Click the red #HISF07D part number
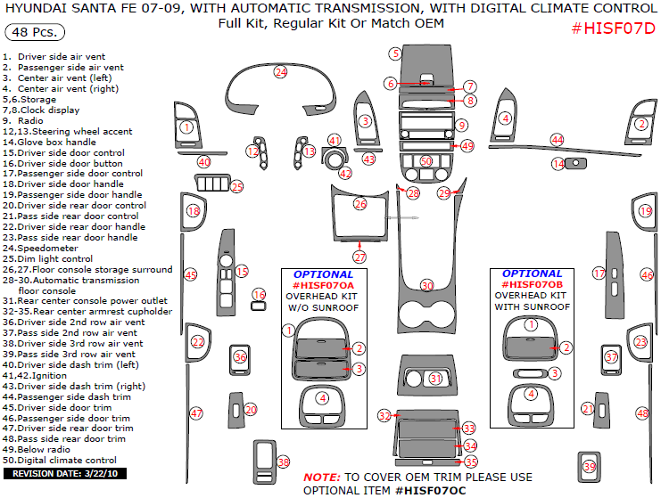point(613,28)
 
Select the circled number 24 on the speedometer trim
point(281,71)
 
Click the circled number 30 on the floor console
point(427,285)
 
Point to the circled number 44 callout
point(558,140)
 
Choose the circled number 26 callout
point(359,204)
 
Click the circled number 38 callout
point(284,461)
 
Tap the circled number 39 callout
point(589,466)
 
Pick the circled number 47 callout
point(196,412)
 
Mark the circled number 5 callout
point(394,53)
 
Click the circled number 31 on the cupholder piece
point(435,379)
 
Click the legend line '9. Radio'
point(24,120)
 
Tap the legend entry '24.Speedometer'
point(41,248)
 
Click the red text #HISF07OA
point(323,285)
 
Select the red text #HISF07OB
point(532,284)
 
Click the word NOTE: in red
point(321,478)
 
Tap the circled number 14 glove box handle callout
point(558,164)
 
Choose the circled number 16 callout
point(260,294)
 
